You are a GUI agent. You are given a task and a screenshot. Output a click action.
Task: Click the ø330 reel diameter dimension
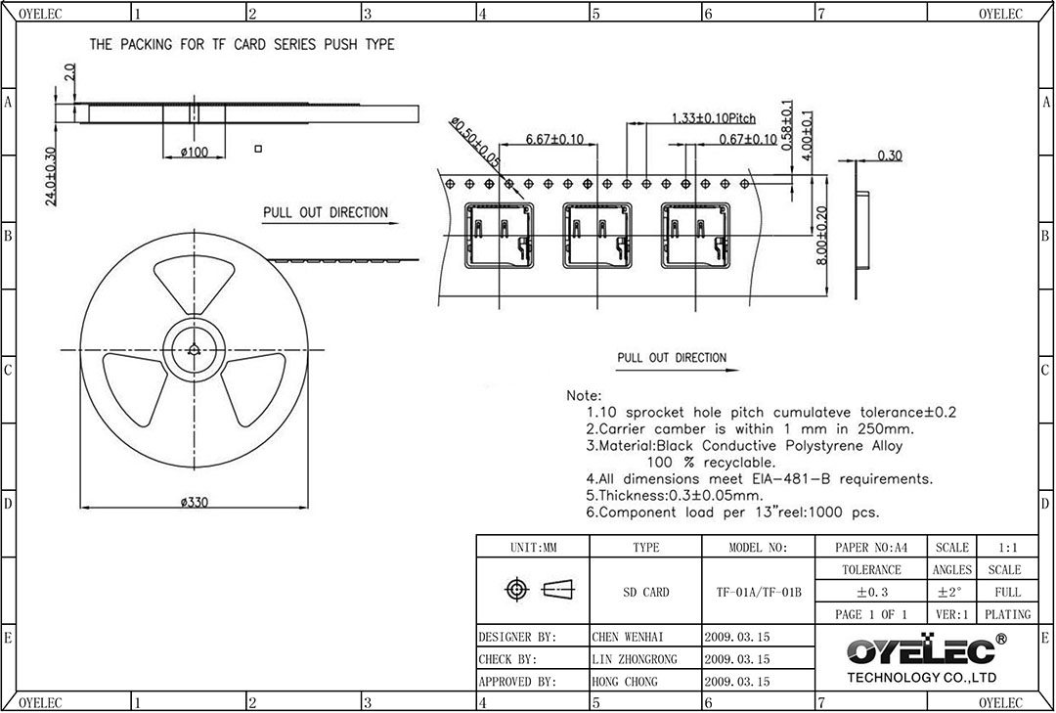coord(194,502)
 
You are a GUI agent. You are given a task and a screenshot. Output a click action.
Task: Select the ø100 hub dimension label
coord(194,153)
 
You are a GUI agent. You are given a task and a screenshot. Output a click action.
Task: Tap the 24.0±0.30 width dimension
coord(51,176)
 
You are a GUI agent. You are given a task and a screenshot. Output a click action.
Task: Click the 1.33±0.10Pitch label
coord(713,118)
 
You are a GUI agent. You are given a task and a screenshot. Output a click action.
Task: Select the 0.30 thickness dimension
coord(890,156)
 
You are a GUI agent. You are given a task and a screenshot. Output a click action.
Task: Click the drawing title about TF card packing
coord(242,44)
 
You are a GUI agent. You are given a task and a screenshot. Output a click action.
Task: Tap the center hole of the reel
coord(194,349)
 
